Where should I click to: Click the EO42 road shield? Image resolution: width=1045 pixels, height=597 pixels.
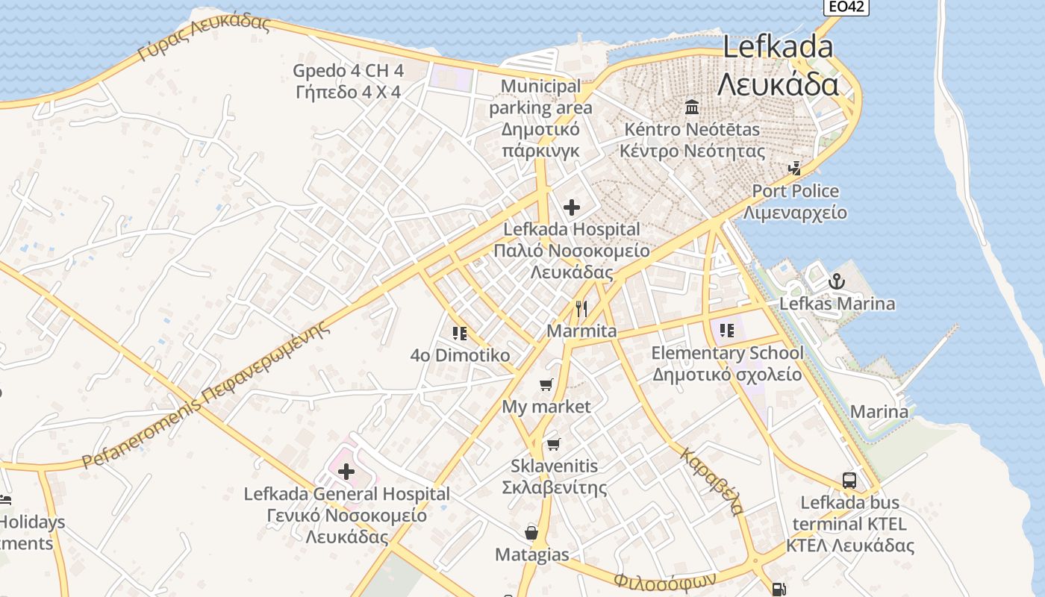[x=846, y=7]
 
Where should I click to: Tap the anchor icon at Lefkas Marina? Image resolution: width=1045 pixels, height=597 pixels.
[x=836, y=282]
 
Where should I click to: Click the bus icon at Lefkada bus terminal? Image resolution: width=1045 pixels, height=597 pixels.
[x=849, y=480]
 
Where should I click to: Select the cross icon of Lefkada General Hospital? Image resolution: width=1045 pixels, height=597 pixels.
[x=346, y=472]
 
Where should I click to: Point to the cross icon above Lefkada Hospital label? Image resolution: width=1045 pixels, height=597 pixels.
[x=572, y=207]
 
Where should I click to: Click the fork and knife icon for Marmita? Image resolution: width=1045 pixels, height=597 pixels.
[x=581, y=308]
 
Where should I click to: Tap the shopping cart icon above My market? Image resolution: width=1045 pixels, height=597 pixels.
[x=546, y=385]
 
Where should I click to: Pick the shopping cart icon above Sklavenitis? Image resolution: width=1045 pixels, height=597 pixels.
[x=553, y=445]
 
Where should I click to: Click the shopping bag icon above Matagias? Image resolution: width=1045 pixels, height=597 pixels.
[x=531, y=533]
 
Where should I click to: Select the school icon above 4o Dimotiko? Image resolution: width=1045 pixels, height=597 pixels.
[x=460, y=333]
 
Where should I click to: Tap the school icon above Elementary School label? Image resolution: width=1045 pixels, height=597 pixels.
[x=727, y=330]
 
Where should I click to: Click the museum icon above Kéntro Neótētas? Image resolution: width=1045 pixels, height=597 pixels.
[x=692, y=107]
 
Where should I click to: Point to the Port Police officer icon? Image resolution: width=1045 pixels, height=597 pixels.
[x=796, y=169]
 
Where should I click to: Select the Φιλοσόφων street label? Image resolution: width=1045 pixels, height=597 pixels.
[x=665, y=579]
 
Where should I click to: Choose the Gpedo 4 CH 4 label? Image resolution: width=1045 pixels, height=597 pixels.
[x=348, y=71]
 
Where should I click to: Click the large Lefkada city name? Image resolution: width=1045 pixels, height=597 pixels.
[x=778, y=47]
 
